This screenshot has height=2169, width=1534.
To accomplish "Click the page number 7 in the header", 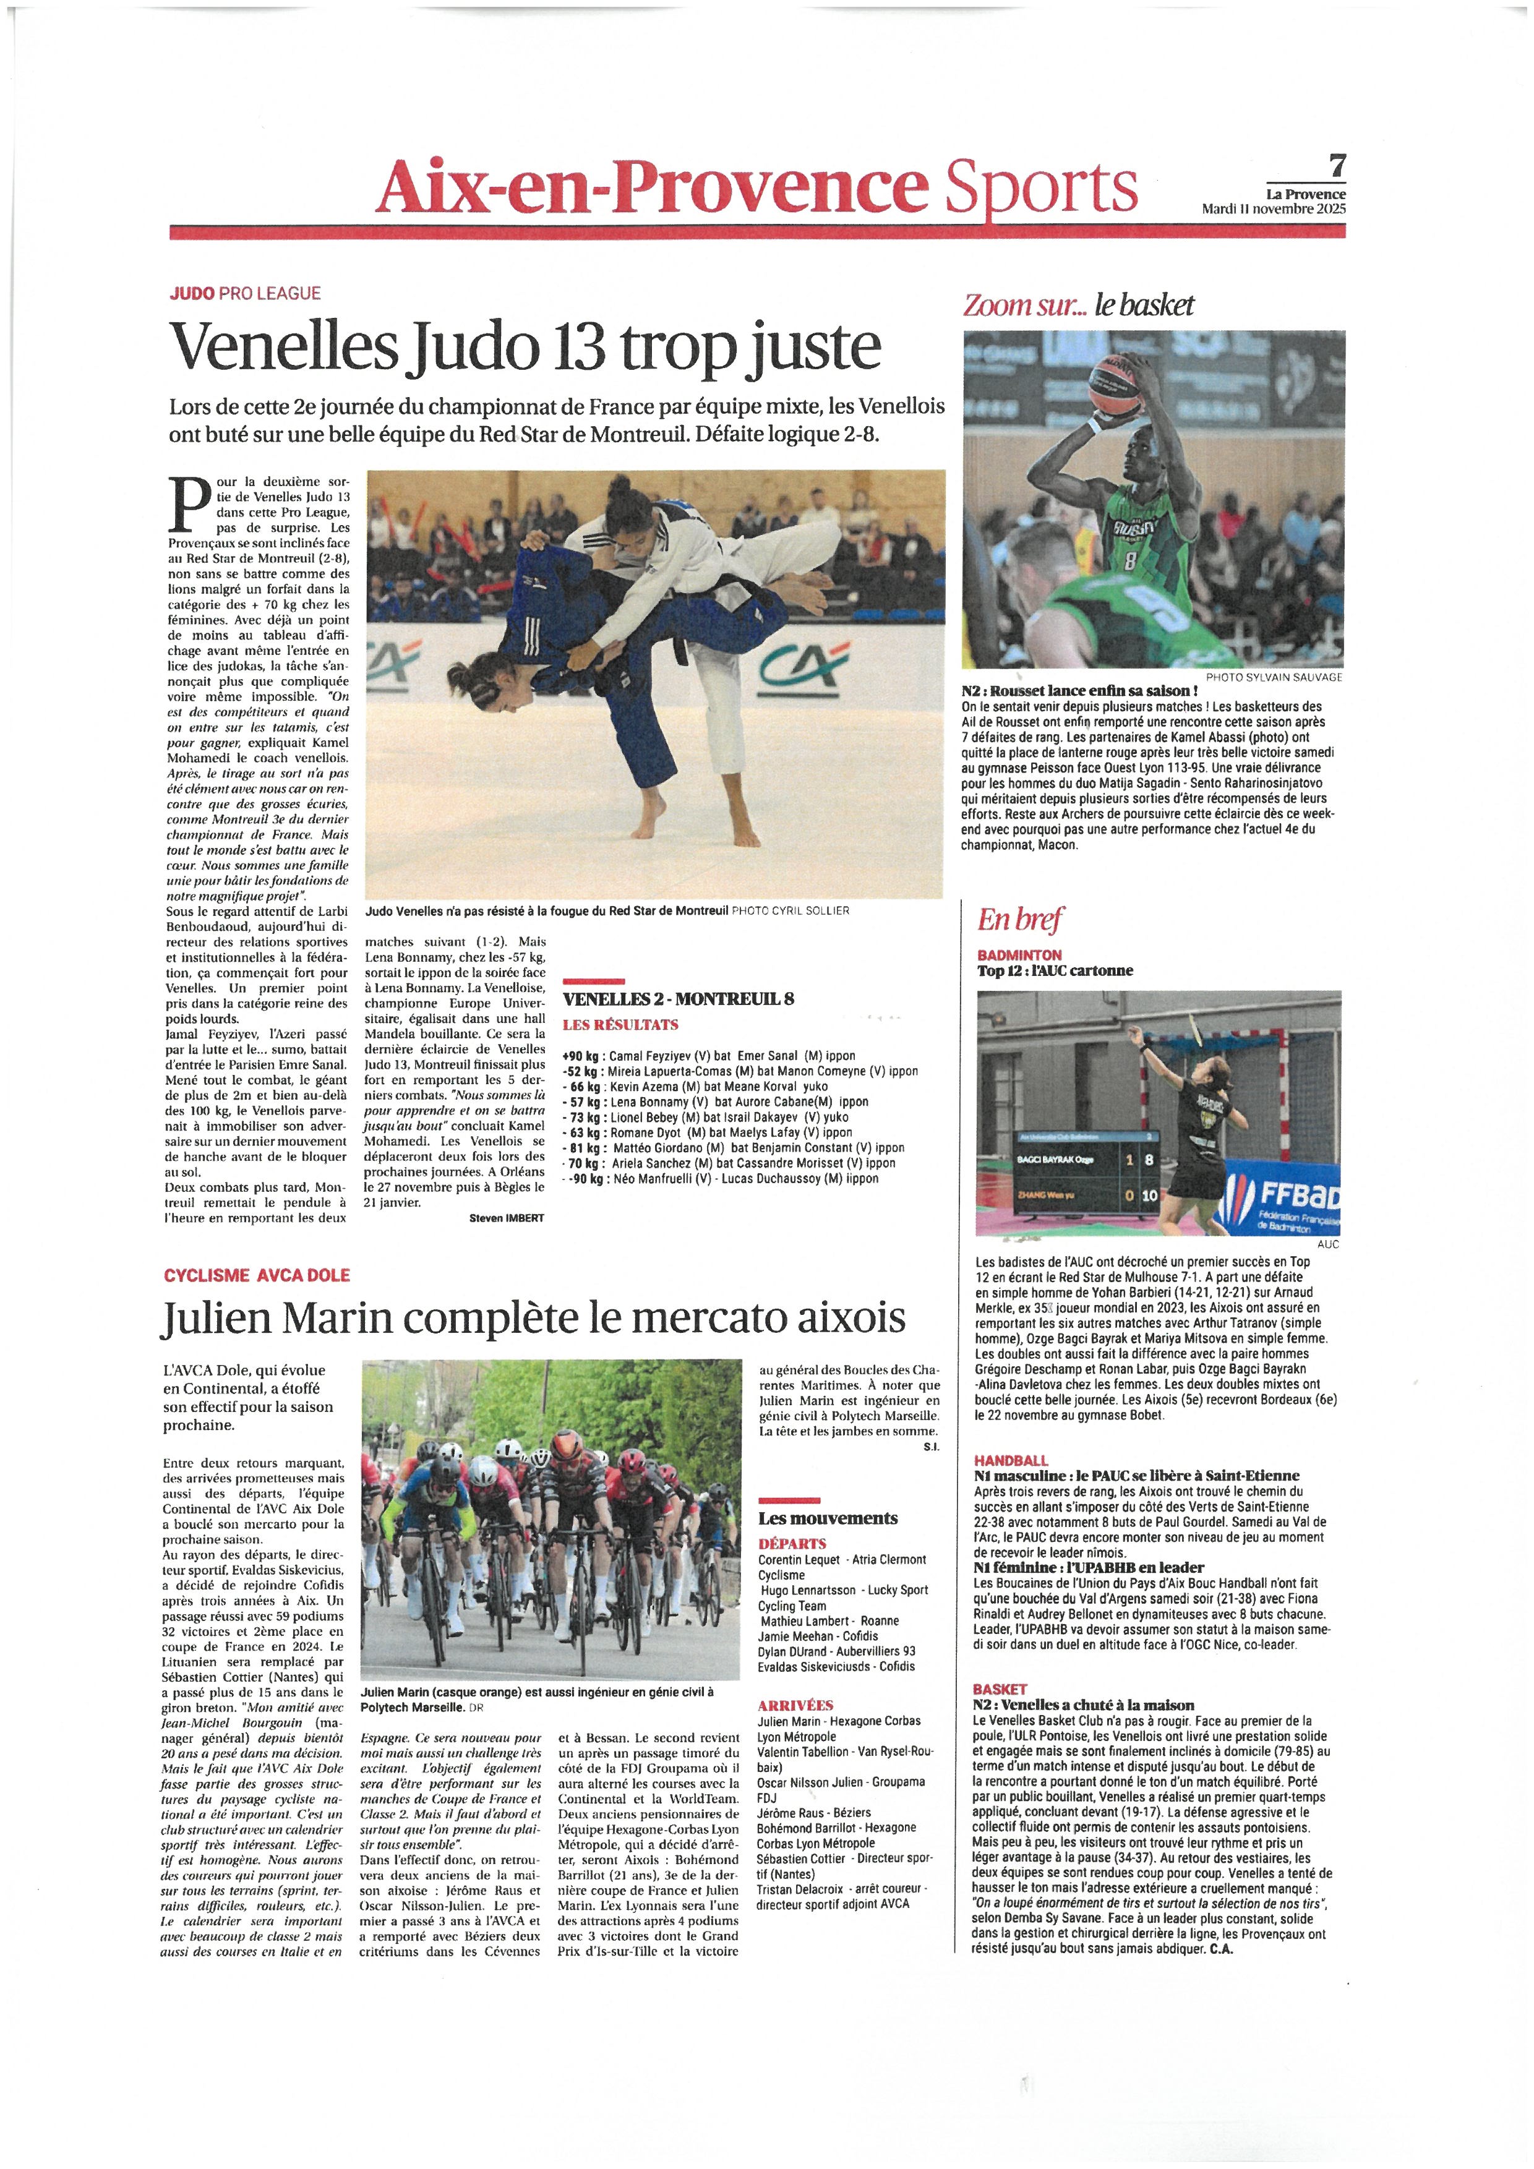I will (1337, 166).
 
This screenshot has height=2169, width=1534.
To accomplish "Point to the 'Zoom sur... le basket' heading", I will (1078, 305).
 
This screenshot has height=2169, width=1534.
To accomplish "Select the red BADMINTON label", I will (1019, 955).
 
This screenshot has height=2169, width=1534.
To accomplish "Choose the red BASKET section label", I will (1000, 1689).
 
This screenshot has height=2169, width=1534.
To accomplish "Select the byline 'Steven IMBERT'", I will (507, 1218).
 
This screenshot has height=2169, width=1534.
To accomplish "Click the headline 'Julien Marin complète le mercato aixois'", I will (534, 1317).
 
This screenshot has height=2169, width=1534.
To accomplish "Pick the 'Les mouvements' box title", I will (828, 1518).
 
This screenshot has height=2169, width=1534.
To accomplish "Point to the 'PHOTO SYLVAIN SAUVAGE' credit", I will (1274, 677).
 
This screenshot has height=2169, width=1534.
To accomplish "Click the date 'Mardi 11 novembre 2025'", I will (1274, 209).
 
